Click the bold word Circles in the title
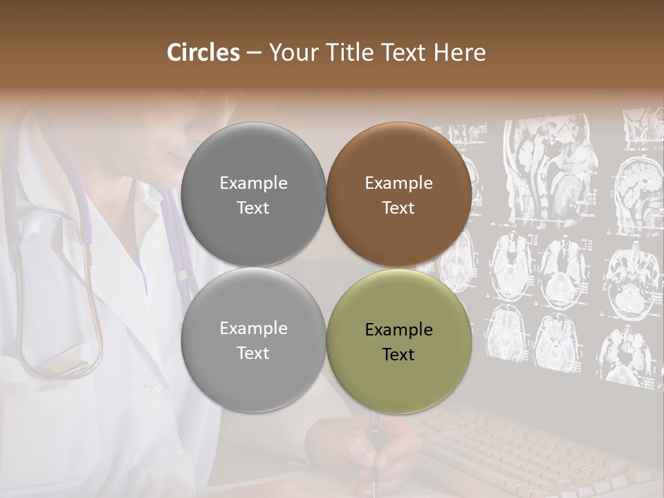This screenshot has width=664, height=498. [203, 53]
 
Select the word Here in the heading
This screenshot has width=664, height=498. [461, 53]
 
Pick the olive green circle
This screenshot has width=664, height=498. [398, 341]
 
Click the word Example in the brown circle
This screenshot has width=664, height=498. [398, 183]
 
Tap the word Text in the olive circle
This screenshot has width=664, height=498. [398, 355]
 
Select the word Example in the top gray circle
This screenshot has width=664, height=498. [253, 183]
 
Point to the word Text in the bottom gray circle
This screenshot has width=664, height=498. [253, 353]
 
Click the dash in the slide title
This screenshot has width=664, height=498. [254, 53]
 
